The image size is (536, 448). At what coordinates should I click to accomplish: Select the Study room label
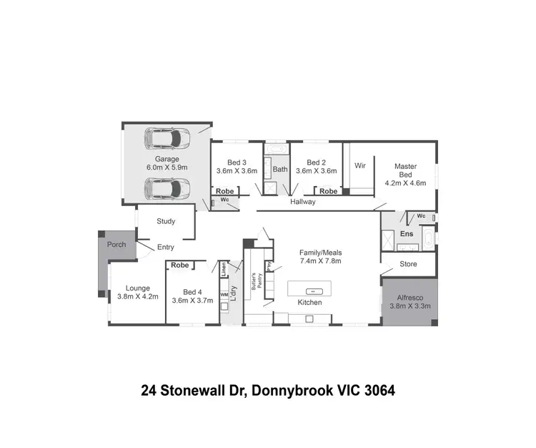pyautogui.click(x=166, y=221)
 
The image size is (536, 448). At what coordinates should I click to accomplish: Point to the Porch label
pyautogui.click(x=116, y=245)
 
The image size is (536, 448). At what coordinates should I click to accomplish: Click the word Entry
pyautogui.click(x=165, y=248)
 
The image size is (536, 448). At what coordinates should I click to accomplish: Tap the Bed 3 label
pyautogui.click(x=237, y=162)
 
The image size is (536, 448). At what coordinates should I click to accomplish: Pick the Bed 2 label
pyautogui.click(x=316, y=162)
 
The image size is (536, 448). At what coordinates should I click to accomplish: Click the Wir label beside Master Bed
pyautogui.click(x=360, y=165)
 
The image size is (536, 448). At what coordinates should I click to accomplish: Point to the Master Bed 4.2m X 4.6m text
pyautogui.click(x=405, y=174)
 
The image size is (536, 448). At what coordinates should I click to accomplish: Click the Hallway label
pyautogui.click(x=302, y=202)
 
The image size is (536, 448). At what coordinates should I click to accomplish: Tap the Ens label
pyautogui.click(x=406, y=233)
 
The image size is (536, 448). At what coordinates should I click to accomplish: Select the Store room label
pyautogui.click(x=408, y=264)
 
